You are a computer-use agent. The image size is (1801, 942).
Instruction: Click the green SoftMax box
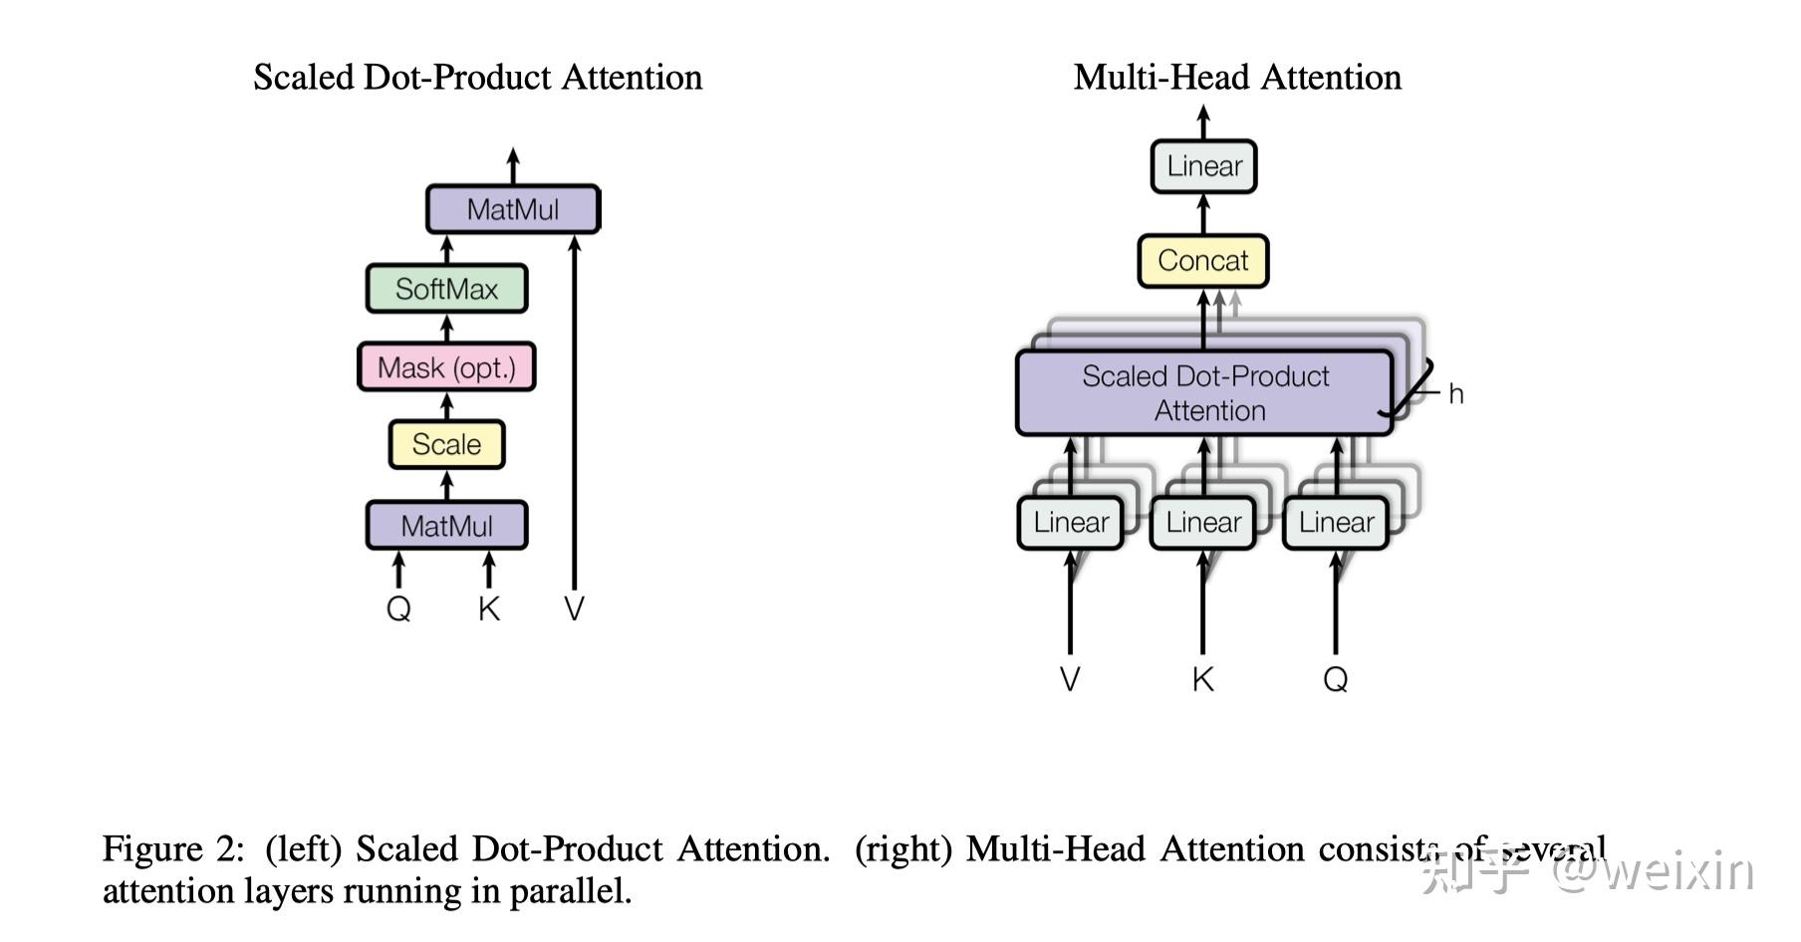coord(446,289)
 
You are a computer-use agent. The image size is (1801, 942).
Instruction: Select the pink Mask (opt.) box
coord(446,367)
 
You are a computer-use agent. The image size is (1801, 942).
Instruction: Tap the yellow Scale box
coord(446,444)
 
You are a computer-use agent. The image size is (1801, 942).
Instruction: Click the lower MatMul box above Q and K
coord(446,526)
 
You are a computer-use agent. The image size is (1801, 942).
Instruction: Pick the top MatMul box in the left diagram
coord(513,209)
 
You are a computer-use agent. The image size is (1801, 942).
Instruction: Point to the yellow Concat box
coord(1203,261)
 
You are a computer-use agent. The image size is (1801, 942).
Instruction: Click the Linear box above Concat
coord(1204,166)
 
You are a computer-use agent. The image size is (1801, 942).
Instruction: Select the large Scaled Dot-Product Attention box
coord(1204,393)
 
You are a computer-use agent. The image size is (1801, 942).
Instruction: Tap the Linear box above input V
coord(1071,523)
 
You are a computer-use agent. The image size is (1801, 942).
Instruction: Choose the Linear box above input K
coord(1203,523)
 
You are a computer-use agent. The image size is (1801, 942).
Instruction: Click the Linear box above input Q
coord(1336,523)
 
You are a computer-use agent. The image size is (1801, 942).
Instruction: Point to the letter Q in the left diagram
coord(398,608)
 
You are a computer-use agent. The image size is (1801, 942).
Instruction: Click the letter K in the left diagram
coord(488,608)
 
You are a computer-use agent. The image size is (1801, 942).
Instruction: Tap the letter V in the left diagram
coord(574,608)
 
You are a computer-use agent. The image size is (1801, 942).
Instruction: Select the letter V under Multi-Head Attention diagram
coord(1070,679)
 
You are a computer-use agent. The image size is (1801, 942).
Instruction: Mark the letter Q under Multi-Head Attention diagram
coord(1336,679)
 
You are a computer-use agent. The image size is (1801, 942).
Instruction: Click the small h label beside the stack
coord(1456,394)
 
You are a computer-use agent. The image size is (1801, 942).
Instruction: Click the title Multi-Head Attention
coord(1237,77)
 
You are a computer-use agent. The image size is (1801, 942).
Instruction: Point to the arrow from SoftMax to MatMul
coord(446,249)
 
